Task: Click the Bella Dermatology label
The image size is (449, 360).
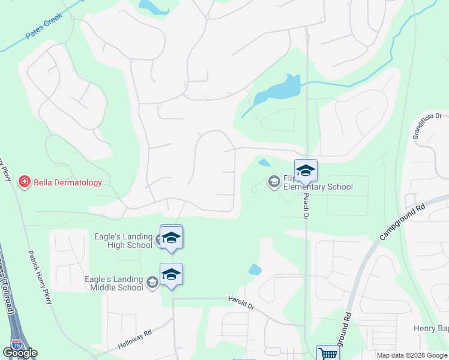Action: pos(68,182)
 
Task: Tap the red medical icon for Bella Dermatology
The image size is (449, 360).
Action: pos(25,182)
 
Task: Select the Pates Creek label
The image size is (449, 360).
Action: pos(44,30)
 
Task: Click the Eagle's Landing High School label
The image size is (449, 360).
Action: pos(123,241)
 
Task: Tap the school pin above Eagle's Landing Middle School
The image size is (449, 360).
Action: pos(171,275)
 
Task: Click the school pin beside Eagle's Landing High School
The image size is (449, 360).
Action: pos(171,238)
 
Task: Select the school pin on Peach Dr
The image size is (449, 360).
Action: pos(306,172)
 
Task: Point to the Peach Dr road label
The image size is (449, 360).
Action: pos(306,206)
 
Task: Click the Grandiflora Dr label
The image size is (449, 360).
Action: pos(427,127)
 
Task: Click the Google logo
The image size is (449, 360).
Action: pos(20,353)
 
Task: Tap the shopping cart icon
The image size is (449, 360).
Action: pos(328,353)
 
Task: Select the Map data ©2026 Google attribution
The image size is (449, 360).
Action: pos(412,355)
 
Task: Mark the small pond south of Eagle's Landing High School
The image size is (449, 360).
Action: pos(255,269)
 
